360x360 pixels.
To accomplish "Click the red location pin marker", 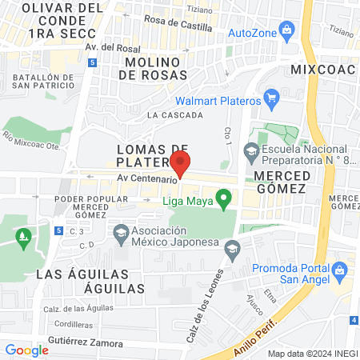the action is [x=181, y=162].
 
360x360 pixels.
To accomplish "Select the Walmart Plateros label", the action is [x=218, y=102].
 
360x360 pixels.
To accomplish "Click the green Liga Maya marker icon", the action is [x=225, y=196].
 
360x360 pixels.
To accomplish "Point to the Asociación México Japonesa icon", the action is [x=122, y=234].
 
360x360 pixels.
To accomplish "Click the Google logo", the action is [x=27, y=349].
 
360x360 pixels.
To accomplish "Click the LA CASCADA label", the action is [x=175, y=115].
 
